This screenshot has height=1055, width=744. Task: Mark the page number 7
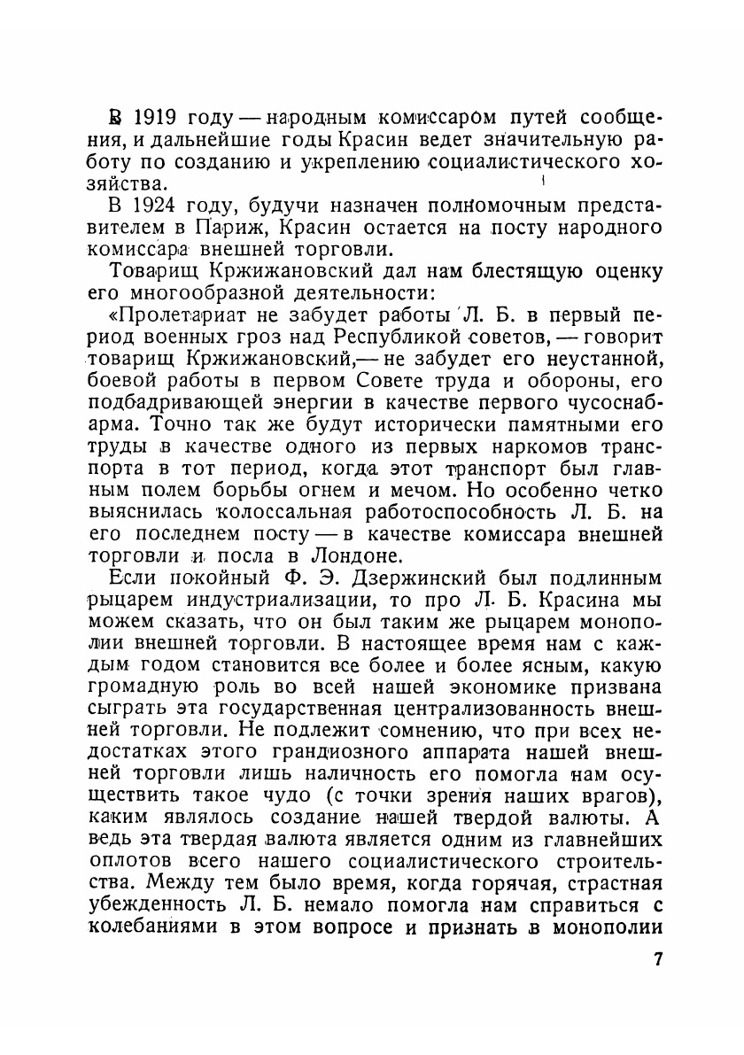pos(656,959)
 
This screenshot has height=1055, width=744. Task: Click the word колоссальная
pos(280,514)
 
